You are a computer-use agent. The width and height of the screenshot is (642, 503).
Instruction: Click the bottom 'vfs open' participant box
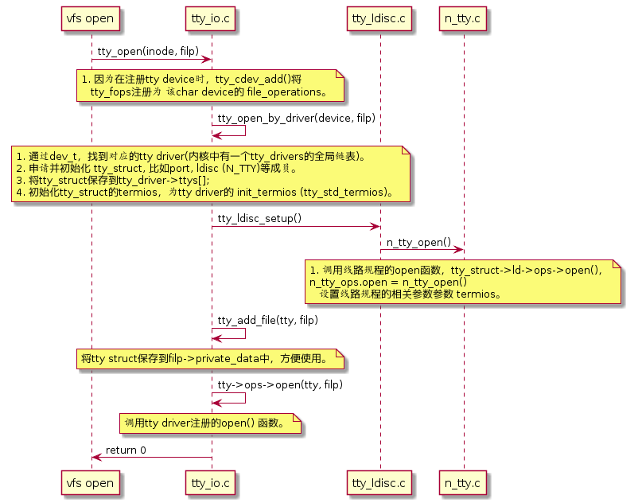point(91,482)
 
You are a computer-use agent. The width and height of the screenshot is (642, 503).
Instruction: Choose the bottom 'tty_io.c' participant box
point(211,482)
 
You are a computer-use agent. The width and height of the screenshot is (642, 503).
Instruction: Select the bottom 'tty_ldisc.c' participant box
point(379,482)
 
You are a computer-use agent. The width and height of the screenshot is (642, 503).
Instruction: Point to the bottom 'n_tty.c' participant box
point(464,482)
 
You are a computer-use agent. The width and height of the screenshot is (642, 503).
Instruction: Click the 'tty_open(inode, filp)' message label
point(148,52)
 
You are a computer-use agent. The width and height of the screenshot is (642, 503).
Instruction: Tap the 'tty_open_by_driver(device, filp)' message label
point(296,118)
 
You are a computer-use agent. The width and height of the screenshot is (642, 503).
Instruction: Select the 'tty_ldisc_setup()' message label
point(259,218)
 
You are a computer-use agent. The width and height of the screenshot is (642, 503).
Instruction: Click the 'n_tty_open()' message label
point(418,242)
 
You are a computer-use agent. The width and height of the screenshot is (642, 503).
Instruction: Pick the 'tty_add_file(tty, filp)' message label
point(268,320)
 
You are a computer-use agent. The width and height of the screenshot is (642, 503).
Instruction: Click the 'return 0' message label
point(126,450)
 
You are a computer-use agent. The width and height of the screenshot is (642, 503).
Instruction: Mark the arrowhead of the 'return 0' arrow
point(95,457)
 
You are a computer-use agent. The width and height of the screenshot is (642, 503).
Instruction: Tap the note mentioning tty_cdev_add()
point(210,85)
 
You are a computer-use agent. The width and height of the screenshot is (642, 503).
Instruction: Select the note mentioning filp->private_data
point(210,359)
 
